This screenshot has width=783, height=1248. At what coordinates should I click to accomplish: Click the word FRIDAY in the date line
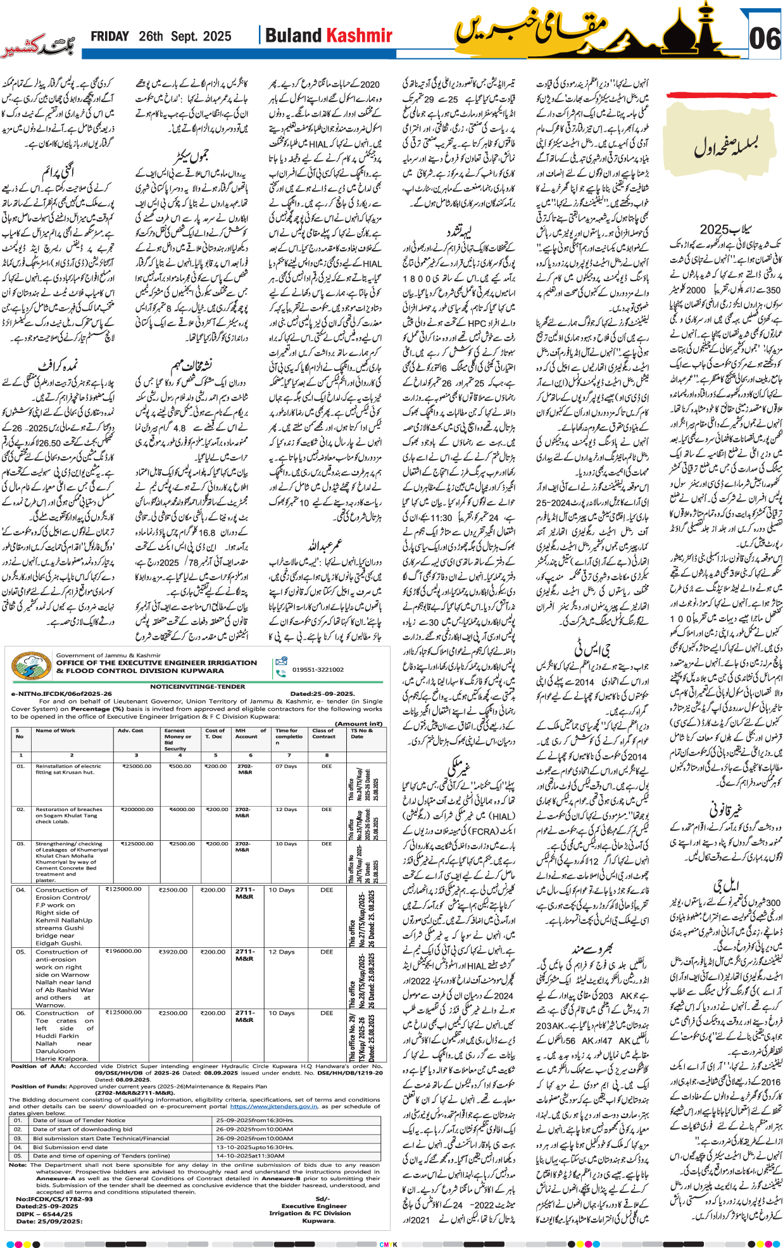(110, 37)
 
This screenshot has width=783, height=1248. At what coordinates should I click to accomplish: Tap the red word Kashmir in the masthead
(360, 35)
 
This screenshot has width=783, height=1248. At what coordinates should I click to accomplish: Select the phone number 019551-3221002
(318, 669)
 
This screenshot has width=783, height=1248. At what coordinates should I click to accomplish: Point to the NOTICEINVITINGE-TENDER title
(197, 686)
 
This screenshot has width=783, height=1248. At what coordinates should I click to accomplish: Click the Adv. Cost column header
(130, 730)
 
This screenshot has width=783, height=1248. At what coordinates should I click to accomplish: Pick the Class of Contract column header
(323, 733)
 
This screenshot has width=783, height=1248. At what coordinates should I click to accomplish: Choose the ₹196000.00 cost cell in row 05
(123, 951)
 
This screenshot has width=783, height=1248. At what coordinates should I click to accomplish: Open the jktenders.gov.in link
(273, 1106)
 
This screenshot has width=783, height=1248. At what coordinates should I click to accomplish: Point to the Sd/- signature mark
(322, 1199)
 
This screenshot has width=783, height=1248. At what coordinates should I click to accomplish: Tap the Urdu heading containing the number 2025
(724, 229)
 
